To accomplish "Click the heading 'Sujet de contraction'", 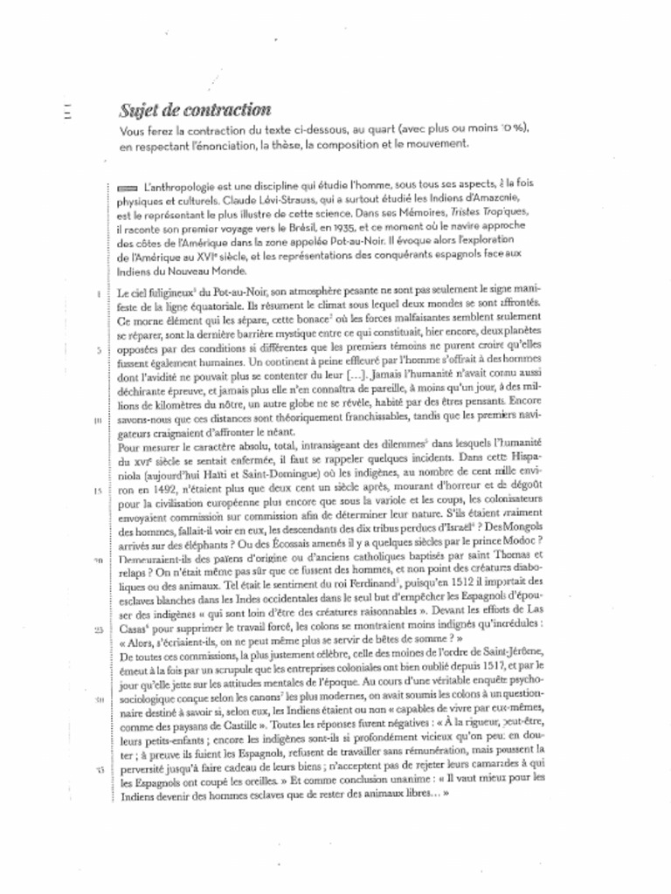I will tap(194, 110).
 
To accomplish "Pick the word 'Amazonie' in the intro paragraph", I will tap(502, 200).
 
